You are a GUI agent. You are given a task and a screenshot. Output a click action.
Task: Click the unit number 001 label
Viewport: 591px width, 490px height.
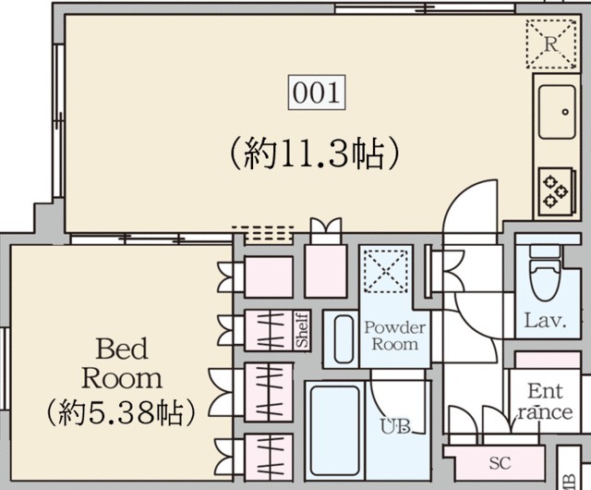pyautogui.click(x=318, y=93)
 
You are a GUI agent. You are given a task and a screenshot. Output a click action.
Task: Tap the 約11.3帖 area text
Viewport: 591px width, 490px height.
pyautogui.click(x=313, y=151)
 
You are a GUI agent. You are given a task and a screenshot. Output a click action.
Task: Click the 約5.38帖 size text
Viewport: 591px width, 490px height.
pyautogui.click(x=121, y=410)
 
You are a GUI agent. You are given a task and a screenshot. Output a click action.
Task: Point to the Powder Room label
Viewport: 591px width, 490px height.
pyautogui.click(x=394, y=336)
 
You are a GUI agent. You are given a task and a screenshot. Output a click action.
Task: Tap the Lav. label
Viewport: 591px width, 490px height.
pyautogui.click(x=545, y=321)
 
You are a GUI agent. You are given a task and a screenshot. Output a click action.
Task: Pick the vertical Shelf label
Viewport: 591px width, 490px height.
pyautogui.click(x=302, y=330)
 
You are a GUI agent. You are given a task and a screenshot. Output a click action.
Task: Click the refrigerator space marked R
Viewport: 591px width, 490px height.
pyautogui.click(x=550, y=43)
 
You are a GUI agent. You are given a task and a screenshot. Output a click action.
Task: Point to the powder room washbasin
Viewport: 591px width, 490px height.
pyautogui.click(x=343, y=340)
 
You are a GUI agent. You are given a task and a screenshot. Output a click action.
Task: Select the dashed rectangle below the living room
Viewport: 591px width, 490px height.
pyautogui.click(x=262, y=231)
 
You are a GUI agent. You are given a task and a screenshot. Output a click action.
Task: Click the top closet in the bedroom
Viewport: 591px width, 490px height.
pyautogui.click(x=268, y=276)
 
